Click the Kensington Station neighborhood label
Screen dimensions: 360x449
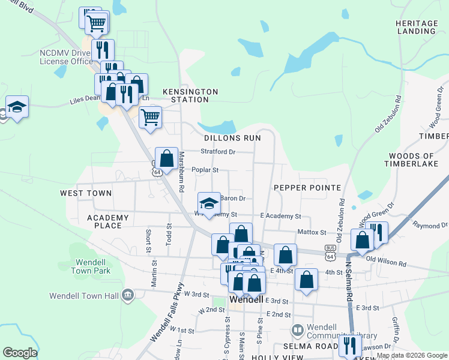point(194,95)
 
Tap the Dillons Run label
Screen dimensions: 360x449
point(232,137)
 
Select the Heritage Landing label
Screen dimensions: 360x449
point(417,27)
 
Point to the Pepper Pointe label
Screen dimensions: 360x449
point(307,188)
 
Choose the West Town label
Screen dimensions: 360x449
point(86,193)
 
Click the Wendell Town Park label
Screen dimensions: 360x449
point(93,266)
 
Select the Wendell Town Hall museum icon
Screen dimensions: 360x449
point(127,295)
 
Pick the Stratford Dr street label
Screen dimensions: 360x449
point(218,152)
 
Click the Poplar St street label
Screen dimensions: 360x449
point(205,170)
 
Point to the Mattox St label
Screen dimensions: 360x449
point(312,232)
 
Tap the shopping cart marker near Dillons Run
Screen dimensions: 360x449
point(150,116)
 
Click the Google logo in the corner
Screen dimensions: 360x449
point(20,353)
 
